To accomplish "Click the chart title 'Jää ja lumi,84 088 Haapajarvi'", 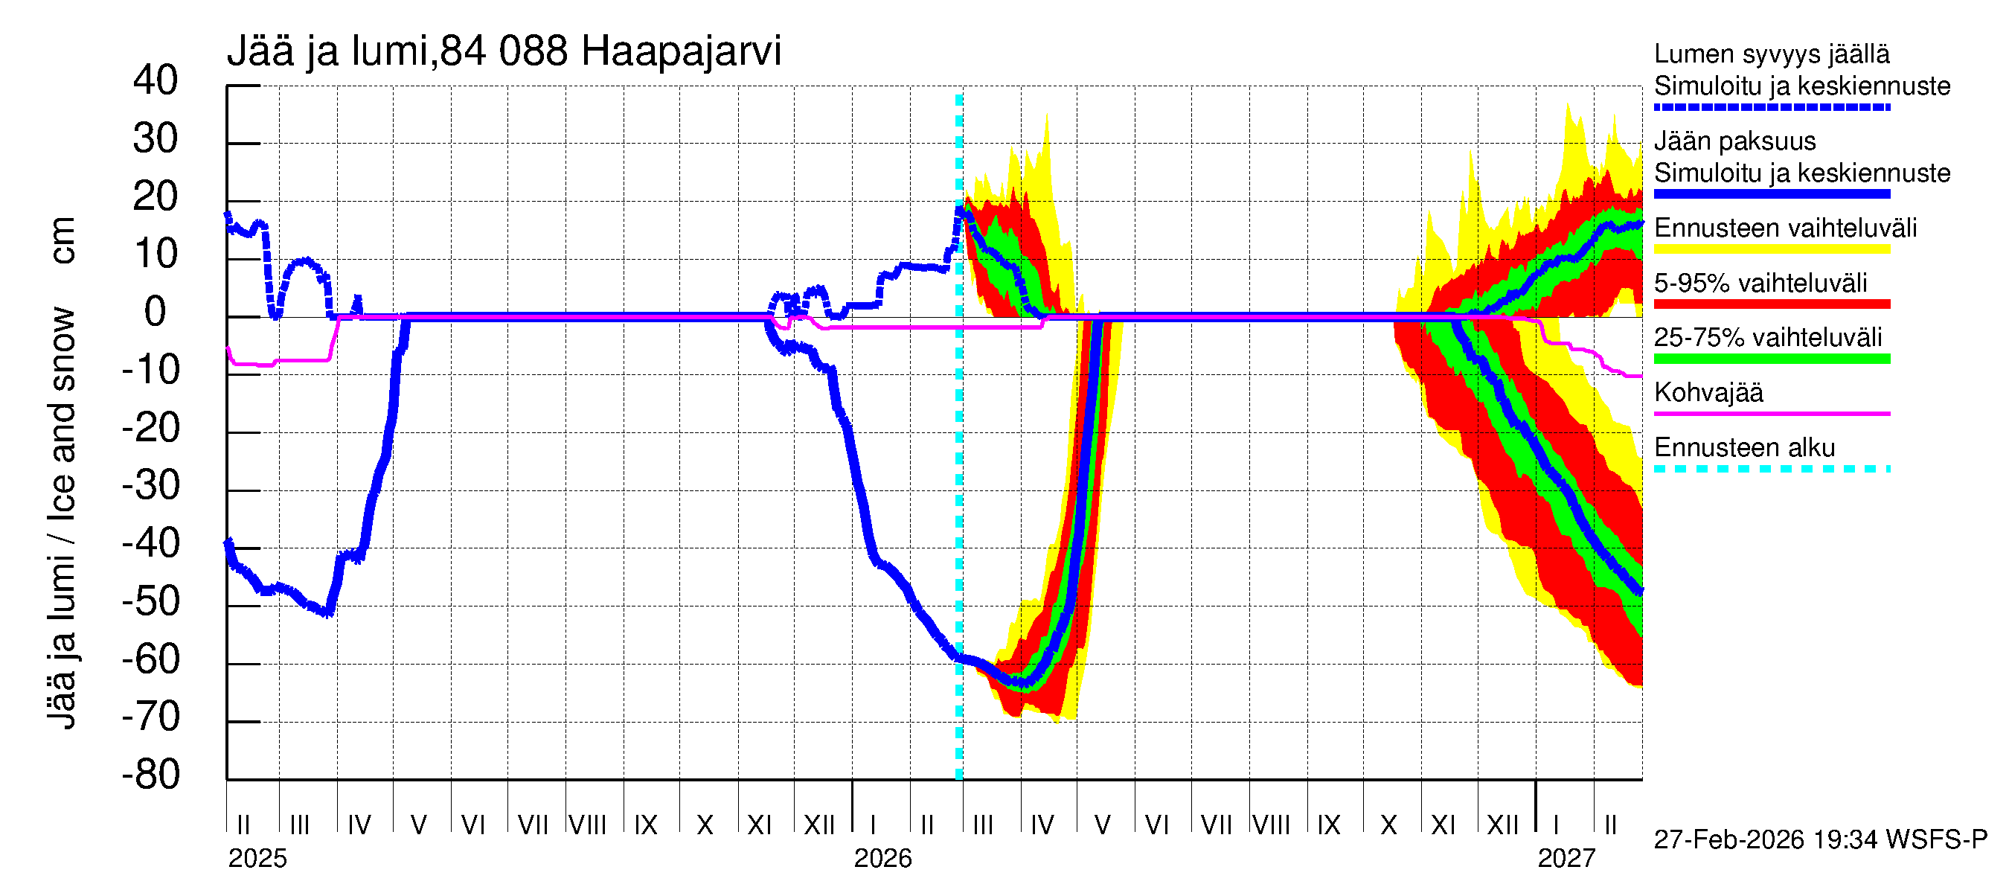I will pyautogui.click(x=504, y=51).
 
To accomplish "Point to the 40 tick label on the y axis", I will pyautogui.click(x=156, y=81).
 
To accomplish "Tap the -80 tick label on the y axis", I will pyautogui.click(x=151, y=775).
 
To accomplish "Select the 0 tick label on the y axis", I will pyautogui.click(x=156, y=313).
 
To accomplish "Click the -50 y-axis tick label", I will pyautogui.click(x=151, y=602).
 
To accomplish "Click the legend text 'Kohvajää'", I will pyautogui.click(x=1708, y=393).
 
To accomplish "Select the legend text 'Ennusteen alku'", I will pyautogui.click(x=1745, y=449).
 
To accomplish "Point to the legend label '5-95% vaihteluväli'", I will pyautogui.click(x=1760, y=283).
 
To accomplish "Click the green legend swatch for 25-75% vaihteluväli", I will pyautogui.click(x=1772, y=359).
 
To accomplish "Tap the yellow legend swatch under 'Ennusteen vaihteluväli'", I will pyautogui.click(x=1772, y=249).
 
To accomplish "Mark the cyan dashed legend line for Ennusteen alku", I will pyautogui.click(x=1772, y=470).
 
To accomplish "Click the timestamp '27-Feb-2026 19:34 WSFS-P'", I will pyautogui.click(x=1820, y=840).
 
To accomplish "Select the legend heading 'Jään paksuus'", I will pyautogui.click(x=1734, y=142).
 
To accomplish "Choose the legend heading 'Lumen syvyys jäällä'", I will pyautogui.click(x=1772, y=54).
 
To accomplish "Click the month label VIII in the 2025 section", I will pyautogui.click(x=587, y=825).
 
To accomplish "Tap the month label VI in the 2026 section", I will pyautogui.click(x=1157, y=825).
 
